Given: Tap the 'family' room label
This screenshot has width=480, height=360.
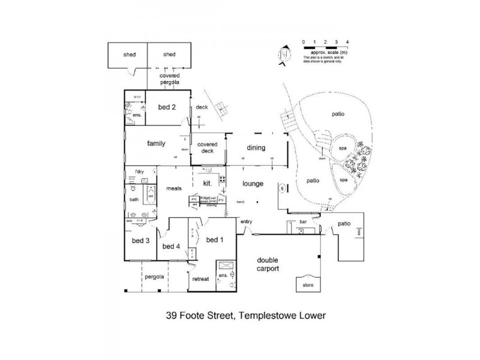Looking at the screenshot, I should [156, 144].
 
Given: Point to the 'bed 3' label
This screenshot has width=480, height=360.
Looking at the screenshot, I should [140, 241].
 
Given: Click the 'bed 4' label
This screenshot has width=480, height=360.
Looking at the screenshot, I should [172, 247].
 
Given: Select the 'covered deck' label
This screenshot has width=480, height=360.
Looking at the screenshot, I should [207, 148].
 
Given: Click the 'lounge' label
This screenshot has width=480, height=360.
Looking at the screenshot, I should [254, 184].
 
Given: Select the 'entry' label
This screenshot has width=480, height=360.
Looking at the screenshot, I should [247, 222].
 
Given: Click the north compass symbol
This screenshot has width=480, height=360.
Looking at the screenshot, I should [284, 54].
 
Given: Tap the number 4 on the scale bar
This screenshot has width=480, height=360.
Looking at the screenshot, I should [348, 41].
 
